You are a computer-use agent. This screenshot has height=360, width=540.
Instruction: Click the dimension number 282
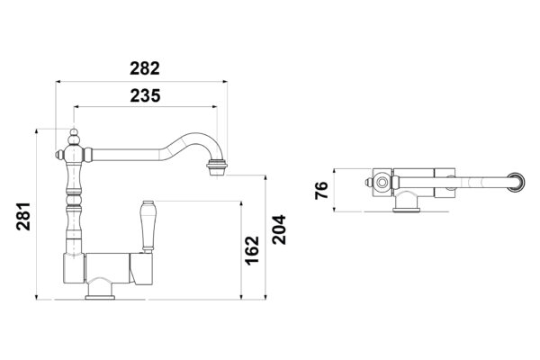(x=144, y=68)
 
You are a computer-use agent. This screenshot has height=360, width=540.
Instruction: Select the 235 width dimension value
(x=144, y=95)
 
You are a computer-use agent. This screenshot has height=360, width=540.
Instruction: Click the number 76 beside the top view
(x=320, y=190)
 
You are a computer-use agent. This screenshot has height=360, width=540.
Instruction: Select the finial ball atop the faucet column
(x=74, y=135)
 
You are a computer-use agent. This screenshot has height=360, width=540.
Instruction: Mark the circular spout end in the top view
(x=517, y=182)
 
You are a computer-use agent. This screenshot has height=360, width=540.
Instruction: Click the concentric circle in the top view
(x=383, y=182)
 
